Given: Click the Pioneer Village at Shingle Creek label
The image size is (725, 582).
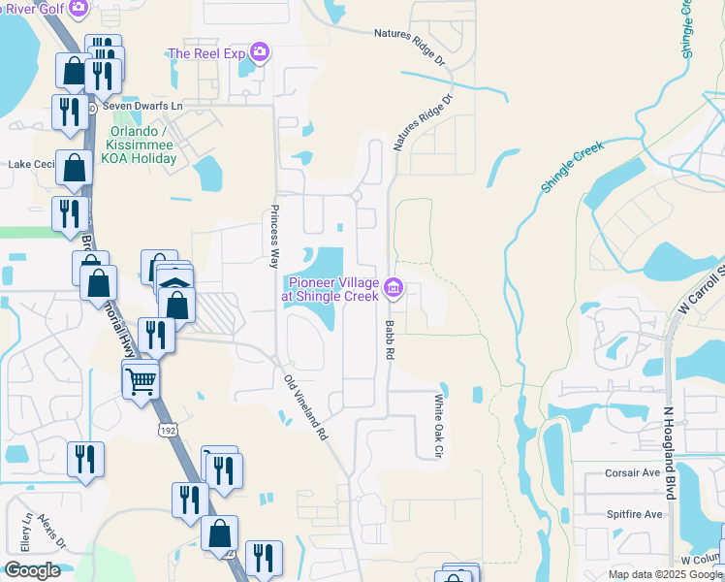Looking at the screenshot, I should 331,289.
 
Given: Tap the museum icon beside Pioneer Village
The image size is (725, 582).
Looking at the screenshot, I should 394,287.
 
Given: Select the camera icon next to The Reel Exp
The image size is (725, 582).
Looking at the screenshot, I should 259,52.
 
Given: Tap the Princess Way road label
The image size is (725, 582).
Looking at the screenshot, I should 275,237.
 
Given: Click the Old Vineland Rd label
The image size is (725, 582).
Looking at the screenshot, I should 304,408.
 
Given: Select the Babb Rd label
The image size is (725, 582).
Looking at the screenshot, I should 390,340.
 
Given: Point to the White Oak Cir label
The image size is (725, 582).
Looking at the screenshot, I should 437,426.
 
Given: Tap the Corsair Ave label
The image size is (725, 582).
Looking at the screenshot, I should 634,473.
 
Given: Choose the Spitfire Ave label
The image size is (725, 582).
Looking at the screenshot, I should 634,514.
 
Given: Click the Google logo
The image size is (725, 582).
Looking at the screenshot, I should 32,570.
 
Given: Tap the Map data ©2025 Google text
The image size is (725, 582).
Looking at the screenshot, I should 665,574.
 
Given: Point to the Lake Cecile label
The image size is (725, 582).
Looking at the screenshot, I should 30,165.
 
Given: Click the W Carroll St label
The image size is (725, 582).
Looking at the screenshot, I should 704,290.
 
